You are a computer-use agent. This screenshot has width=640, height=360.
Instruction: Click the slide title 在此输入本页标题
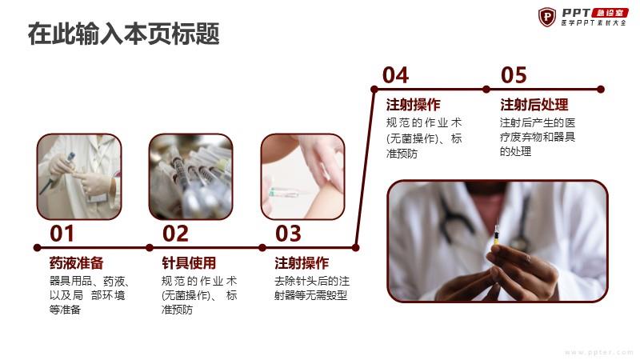(x=124, y=34)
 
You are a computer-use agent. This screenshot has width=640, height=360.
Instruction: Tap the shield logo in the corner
(x=547, y=17)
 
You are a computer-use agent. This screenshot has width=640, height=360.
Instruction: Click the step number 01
(x=62, y=234)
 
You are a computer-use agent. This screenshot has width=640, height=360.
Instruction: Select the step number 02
(x=175, y=234)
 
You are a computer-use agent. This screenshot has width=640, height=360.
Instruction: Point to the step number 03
(x=288, y=234)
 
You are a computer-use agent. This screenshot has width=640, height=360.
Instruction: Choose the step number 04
(x=395, y=75)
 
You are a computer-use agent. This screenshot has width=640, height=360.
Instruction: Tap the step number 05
(x=514, y=75)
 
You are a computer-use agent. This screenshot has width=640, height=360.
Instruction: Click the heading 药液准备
(x=76, y=263)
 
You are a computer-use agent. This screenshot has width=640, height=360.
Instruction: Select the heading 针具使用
(x=189, y=263)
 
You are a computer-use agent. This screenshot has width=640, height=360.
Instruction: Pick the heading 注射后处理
(x=534, y=105)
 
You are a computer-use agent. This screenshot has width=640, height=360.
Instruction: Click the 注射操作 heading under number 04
(x=414, y=105)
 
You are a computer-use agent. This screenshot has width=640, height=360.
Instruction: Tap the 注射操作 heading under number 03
(x=302, y=263)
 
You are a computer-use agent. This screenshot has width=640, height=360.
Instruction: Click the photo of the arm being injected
(x=303, y=177)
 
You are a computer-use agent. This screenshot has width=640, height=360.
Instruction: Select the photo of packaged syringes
(x=190, y=177)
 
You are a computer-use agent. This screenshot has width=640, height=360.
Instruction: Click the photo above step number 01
(x=79, y=177)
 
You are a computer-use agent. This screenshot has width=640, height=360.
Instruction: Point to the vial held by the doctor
(x=497, y=235)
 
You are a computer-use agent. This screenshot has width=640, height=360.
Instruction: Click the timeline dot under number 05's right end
(x=601, y=90)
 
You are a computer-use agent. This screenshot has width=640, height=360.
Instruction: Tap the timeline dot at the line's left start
(x=37, y=248)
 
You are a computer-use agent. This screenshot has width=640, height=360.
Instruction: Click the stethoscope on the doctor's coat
(x=453, y=216)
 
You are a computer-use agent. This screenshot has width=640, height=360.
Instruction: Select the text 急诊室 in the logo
(x=610, y=13)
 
